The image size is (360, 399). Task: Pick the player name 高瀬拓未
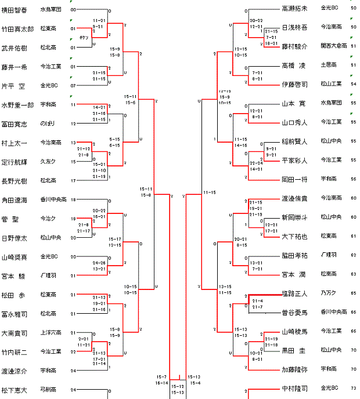coord(294,9)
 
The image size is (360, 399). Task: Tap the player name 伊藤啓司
coord(294,84)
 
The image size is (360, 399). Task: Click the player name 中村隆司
coord(294,388)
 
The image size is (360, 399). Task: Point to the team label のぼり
coord(46,124)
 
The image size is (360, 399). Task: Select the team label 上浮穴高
coord(49,333)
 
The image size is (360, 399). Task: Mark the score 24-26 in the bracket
coord(99,263)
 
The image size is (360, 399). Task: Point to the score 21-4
coord(258,300)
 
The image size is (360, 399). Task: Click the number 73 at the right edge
coord(353,387)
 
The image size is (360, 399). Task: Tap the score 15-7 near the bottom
coord(161,377)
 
